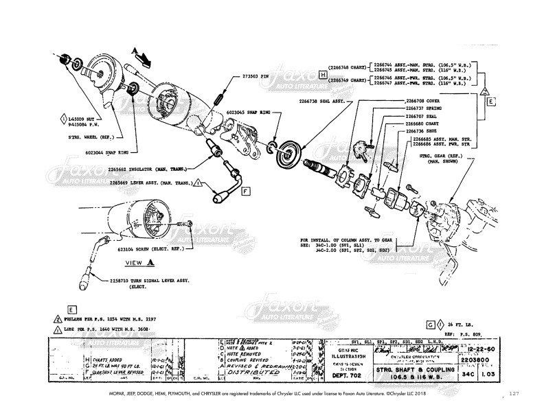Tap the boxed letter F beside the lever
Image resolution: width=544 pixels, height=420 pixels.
point(245,190)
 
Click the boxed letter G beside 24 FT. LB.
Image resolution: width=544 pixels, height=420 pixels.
point(431,323)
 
